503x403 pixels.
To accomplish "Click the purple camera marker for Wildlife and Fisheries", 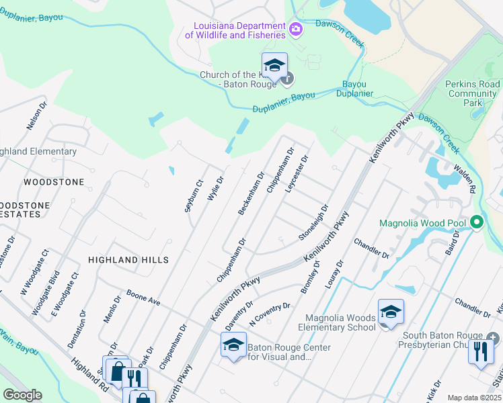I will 295,30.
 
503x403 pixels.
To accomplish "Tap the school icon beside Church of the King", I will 274,65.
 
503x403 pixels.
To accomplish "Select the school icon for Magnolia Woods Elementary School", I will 391,312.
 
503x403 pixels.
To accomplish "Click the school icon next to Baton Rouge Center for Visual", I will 233,345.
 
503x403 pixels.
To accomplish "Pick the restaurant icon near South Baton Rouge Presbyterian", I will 480,351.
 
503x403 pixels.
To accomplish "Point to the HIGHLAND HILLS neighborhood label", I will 128,259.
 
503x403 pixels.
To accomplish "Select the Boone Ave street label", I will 143,298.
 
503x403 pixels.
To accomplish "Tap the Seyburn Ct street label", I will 194,196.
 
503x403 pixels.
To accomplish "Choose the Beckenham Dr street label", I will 251,193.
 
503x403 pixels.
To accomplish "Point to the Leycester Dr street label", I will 296,173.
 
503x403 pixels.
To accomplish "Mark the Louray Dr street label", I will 334,274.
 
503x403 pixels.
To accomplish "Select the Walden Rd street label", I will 465,179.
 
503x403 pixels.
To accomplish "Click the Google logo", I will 22,395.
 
